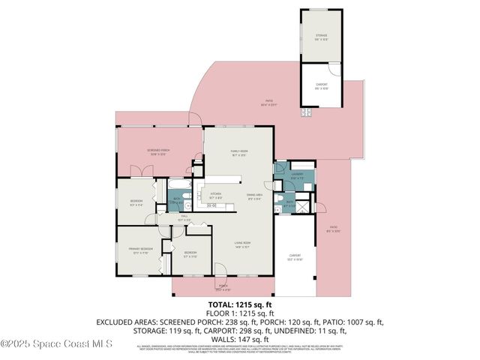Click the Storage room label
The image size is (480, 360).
point(321,36)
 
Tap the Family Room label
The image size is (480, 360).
point(238,152)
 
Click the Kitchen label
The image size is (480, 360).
point(214,193)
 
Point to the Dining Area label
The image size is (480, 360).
point(254,197)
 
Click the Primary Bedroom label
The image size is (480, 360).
point(142,250)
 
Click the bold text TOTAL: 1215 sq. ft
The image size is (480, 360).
point(239,305)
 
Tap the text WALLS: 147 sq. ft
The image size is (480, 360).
point(239,337)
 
